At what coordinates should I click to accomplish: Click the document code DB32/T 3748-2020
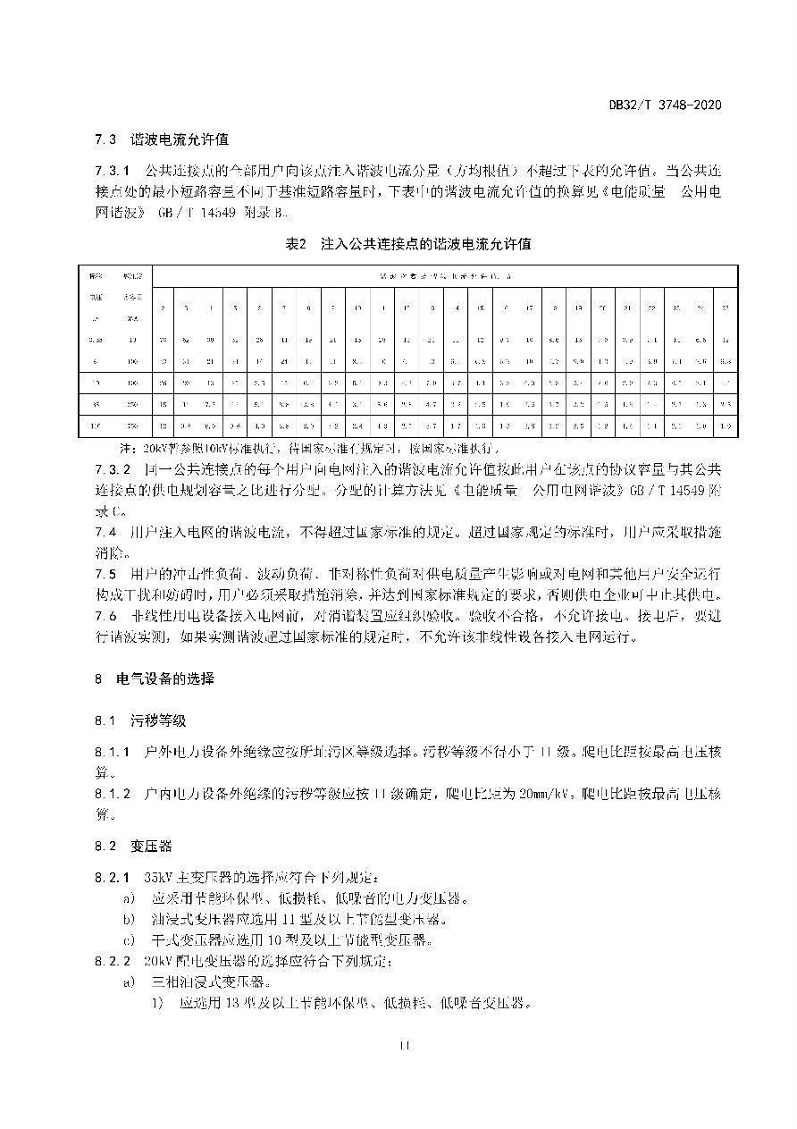coord(665,105)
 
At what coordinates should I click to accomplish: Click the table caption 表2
coord(296,244)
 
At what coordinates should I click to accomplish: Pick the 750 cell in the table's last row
coord(133,425)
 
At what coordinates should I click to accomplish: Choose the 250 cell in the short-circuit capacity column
coord(133,404)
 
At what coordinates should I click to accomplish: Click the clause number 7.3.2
coord(113,469)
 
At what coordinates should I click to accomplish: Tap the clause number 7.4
coord(105,532)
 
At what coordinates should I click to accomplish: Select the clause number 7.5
coord(105,573)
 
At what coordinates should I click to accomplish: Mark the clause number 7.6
coord(105,616)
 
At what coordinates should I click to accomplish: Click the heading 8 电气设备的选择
coord(155,679)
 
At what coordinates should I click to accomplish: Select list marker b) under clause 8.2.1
coord(130,919)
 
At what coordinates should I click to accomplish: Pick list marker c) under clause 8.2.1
coord(130,939)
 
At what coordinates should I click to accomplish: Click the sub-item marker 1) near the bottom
coord(158,1003)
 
